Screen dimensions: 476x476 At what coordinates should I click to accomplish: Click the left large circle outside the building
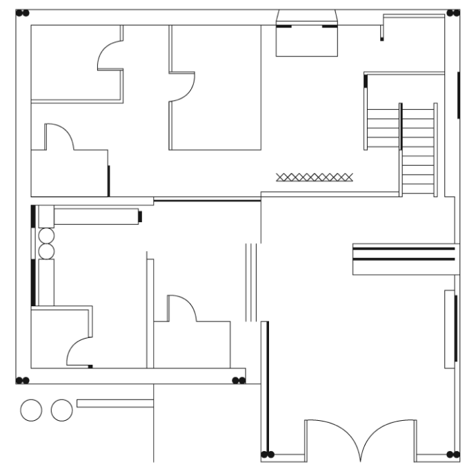tap(31, 410)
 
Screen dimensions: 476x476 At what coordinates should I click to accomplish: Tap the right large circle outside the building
tap(62, 410)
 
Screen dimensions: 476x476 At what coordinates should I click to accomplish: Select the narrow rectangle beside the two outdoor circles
tap(115, 403)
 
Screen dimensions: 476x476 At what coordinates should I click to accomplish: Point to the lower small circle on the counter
tap(46, 250)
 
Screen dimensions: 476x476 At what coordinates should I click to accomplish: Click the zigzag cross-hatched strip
tap(314, 177)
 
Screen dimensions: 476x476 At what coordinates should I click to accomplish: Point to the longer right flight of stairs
tap(417, 148)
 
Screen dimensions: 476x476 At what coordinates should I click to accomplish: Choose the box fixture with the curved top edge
tap(307, 34)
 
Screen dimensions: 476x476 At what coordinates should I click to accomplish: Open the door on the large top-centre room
tap(184, 86)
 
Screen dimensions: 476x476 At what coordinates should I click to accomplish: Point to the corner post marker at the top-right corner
tap(453, 13)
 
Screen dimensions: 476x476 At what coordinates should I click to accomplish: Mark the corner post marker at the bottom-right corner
tap(453, 455)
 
